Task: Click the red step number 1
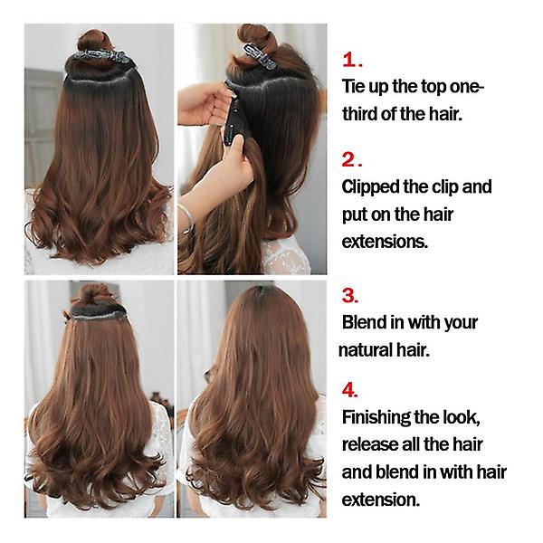pos(349,60)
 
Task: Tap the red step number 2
pos(348,159)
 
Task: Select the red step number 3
pos(348,296)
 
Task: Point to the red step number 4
pos(348,390)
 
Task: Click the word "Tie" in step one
pos(353,86)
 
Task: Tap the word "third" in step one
pos(360,114)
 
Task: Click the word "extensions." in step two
pos(385,242)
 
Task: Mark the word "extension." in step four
pos(381,500)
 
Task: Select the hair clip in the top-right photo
pos(260,56)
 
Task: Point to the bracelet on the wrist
pos(187,219)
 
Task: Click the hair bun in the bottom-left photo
pos(94,294)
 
